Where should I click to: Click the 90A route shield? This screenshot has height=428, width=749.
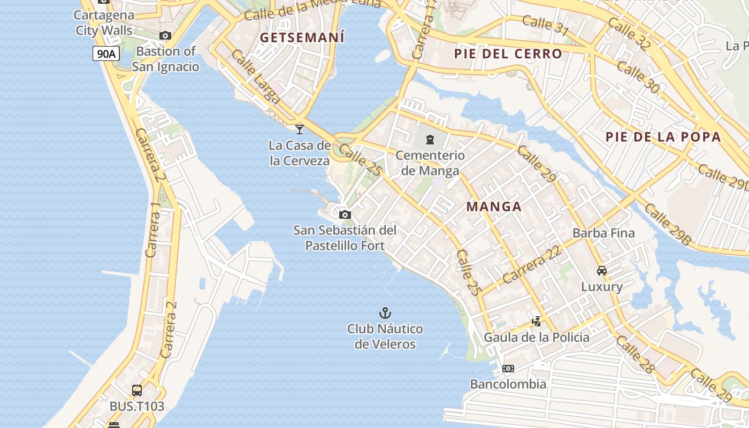click(x=106, y=53)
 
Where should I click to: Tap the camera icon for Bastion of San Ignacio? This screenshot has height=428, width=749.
click(x=165, y=36)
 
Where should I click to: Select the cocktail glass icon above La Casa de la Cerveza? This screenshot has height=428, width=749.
click(x=300, y=129)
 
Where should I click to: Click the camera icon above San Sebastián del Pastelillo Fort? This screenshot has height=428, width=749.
click(x=345, y=215)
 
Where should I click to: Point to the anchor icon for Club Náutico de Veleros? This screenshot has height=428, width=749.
click(x=385, y=313)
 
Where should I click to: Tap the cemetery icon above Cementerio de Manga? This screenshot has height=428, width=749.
click(x=430, y=140)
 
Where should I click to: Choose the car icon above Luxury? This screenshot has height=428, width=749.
click(x=602, y=271)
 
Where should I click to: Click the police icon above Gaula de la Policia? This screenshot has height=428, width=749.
click(x=536, y=322)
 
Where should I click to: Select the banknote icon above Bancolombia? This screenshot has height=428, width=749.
click(x=508, y=369)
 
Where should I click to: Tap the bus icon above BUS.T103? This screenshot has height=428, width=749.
click(x=137, y=391)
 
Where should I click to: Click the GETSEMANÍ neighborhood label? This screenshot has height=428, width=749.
click(x=302, y=37)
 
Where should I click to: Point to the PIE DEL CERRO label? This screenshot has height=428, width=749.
click(x=508, y=53)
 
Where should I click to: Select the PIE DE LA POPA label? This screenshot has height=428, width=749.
click(x=663, y=137)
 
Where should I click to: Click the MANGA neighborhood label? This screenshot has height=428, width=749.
click(x=493, y=207)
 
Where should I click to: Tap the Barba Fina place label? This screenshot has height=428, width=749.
click(x=603, y=233)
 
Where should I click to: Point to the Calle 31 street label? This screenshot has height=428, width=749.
click(x=545, y=25)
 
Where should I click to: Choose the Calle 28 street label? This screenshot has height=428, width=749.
click(x=635, y=354)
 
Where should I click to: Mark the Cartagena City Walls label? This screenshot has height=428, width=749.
click(x=104, y=22)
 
